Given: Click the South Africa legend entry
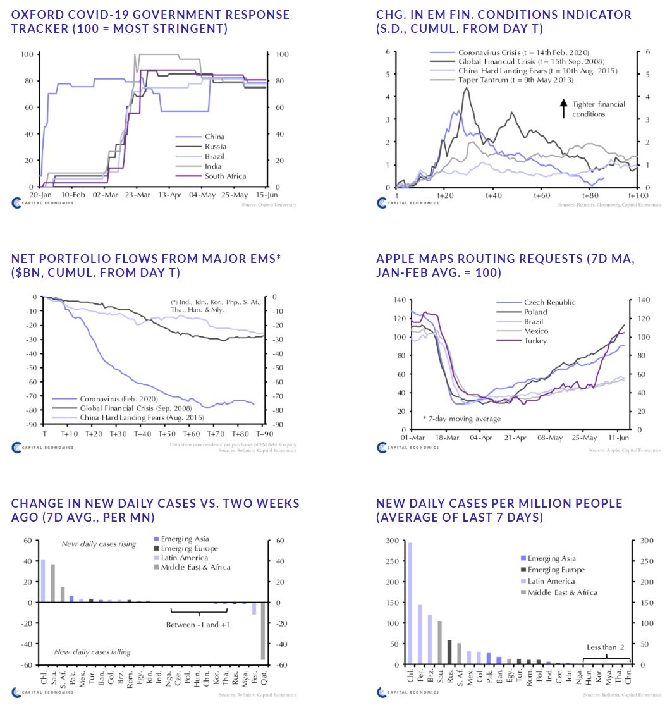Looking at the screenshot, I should pyautogui.click(x=225, y=176).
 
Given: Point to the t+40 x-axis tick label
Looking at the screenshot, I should pyautogui.click(x=493, y=195).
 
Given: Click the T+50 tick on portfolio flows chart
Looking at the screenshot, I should pyautogui.click(x=167, y=434).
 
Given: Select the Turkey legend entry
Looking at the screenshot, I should pyautogui.click(x=534, y=341).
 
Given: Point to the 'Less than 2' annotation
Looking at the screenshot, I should pyautogui.click(x=605, y=647).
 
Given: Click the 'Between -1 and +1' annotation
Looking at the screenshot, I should pyautogui.click(x=199, y=625).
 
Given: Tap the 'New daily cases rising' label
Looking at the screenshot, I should pyautogui.click(x=99, y=544).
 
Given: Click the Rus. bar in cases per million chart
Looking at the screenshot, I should pyautogui.click(x=449, y=652).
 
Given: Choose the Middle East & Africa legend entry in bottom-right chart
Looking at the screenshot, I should pyautogui.click(x=562, y=592).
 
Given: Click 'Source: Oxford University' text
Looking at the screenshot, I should pyautogui.click(x=268, y=205).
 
